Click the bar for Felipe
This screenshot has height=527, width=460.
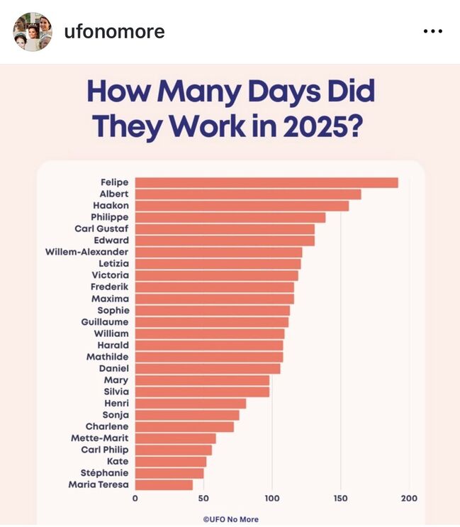[x=267, y=182]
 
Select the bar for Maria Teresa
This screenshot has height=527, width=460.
[x=164, y=484]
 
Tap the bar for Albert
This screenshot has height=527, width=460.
[x=248, y=194]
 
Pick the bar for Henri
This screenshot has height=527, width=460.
[x=191, y=404]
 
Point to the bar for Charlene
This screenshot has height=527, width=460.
[x=184, y=426]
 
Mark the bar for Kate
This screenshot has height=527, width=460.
[x=171, y=461]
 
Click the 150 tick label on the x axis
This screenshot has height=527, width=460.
[x=340, y=498]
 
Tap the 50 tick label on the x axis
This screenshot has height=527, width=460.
[x=203, y=498]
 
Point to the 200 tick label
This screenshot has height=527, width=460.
[x=409, y=498]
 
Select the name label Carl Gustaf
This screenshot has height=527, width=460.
[x=101, y=228]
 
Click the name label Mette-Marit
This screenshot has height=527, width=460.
[x=100, y=438]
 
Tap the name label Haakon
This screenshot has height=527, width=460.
[x=109, y=206]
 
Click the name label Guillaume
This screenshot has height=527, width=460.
[x=105, y=321]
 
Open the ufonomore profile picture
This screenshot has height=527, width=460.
[x=33, y=31]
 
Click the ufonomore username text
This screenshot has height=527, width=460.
[x=114, y=32]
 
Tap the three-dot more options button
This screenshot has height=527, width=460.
[x=432, y=32]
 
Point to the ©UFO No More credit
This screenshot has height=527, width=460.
[x=230, y=519]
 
